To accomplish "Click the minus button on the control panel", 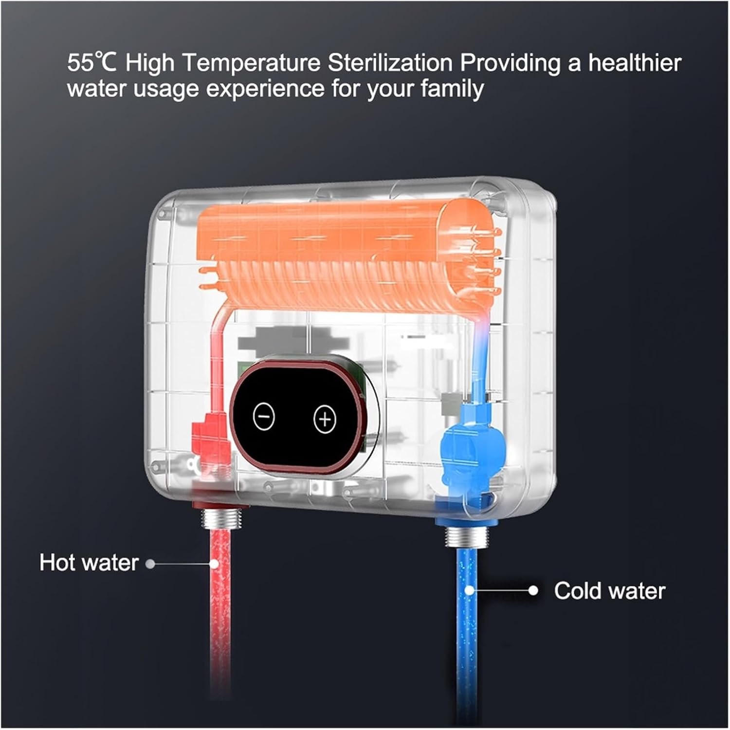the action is click(x=264, y=417).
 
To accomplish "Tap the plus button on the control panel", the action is click(x=325, y=419).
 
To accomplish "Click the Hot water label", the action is click(x=89, y=562).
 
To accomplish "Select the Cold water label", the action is click(x=609, y=591).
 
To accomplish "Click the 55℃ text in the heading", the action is click(x=92, y=63).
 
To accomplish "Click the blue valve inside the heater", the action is click(x=471, y=445).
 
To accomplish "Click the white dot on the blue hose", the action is click(x=469, y=590).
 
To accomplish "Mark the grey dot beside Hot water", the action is click(x=150, y=564).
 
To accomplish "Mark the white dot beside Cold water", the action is click(x=533, y=590).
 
